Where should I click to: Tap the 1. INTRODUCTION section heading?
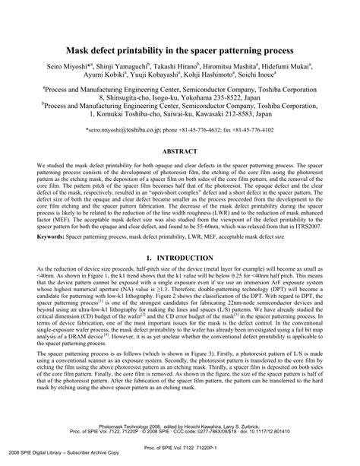click(x=180, y=258)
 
